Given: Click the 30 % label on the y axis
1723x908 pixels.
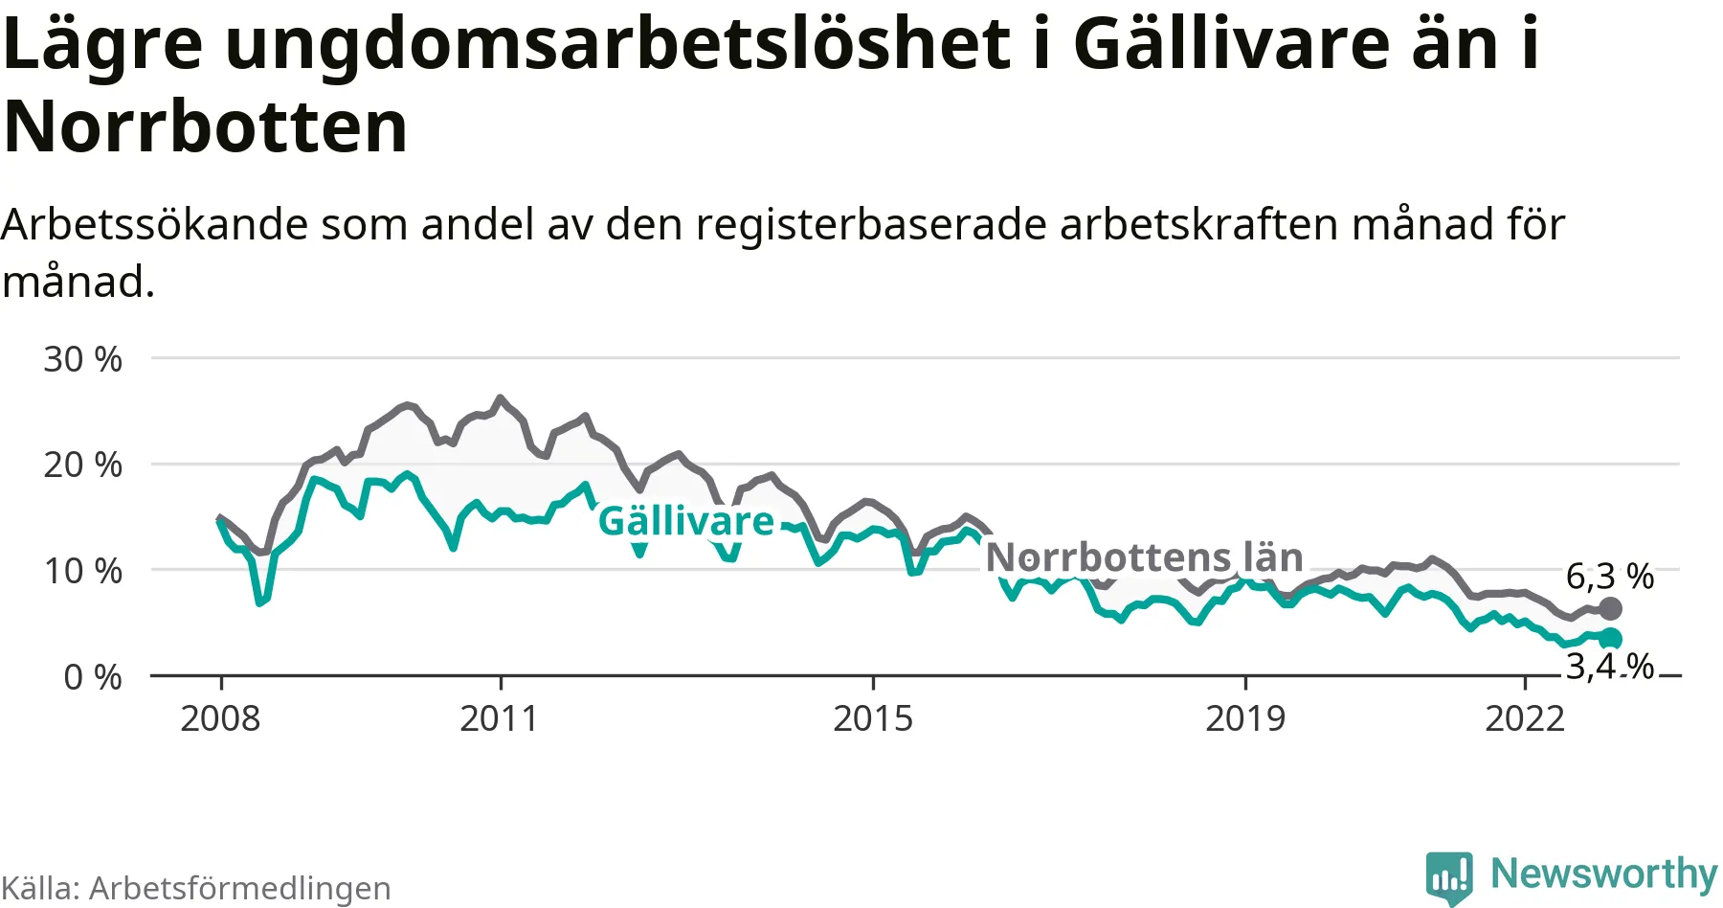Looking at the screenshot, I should (82, 360).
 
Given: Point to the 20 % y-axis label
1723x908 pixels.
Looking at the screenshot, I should (82, 465).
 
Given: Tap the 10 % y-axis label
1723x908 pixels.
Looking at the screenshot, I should (82, 572).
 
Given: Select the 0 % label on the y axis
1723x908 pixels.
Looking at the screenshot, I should (92, 678).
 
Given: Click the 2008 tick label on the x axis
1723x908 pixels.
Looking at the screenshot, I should (220, 718).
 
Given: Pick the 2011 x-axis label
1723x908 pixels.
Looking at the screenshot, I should (499, 718).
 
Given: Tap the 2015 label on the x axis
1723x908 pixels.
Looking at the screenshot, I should (872, 718).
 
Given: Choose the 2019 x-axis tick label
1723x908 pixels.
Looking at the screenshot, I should (1244, 718).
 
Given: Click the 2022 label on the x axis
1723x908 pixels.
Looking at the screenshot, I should (1524, 718).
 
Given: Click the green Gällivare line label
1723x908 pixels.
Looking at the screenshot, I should (685, 522).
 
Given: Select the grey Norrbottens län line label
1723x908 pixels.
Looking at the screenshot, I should (1144, 557).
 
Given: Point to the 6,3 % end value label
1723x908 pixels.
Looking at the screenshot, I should (1609, 577).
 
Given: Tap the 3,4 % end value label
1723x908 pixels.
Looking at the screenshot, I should (1609, 666).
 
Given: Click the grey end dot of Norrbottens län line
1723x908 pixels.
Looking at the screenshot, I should (1611, 608).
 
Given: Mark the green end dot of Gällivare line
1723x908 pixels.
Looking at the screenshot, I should (1611, 638).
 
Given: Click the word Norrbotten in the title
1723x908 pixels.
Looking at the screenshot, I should (206, 126).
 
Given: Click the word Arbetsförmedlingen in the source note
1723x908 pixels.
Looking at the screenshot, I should (239, 888).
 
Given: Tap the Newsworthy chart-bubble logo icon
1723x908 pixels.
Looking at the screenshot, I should (1448, 875).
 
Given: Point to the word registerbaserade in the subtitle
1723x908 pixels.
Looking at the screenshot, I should (872, 224).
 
